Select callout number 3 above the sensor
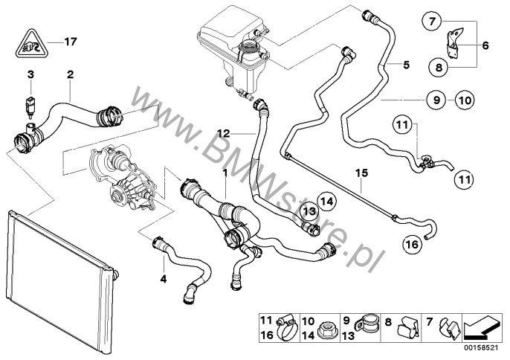[30, 75]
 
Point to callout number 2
[70, 75]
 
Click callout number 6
[485, 45]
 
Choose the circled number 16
[413, 243]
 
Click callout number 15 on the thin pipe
[361, 176]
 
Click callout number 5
[406, 65]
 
